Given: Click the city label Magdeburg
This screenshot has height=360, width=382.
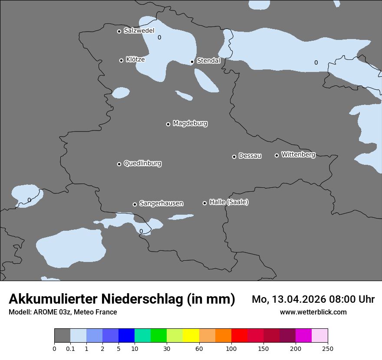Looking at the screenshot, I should pyautogui.click(x=190, y=124).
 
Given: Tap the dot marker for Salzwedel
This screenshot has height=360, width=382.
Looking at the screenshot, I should pyautogui.click(x=119, y=31).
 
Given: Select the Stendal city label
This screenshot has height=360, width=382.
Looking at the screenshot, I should pyautogui.click(x=208, y=61).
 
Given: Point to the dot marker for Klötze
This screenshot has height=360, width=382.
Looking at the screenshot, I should pyautogui.click(x=121, y=60).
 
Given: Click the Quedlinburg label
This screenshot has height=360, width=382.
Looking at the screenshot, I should pyautogui.click(x=142, y=164).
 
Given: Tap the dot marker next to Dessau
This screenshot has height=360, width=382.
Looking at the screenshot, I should pyautogui.click(x=234, y=157).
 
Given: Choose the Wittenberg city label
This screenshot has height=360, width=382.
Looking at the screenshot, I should pyautogui.click(x=298, y=154).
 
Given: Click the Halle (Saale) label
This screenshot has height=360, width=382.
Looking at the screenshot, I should pyautogui.click(x=229, y=202).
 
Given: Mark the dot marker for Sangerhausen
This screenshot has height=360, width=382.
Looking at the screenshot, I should pyautogui.click(x=135, y=204).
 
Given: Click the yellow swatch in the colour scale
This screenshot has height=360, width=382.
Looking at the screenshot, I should pyautogui.click(x=191, y=336).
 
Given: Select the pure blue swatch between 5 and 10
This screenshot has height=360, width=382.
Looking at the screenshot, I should pyautogui.click(x=126, y=336).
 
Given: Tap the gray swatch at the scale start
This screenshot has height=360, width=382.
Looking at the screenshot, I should pyautogui.click(x=62, y=336).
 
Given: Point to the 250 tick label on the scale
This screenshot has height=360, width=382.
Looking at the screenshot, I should pyautogui.click(x=328, y=348).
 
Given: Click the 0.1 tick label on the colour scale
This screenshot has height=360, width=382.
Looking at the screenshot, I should pyautogui.click(x=70, y=348).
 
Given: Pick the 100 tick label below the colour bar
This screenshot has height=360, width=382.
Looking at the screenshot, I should pyautogui.click(x=231, y=348).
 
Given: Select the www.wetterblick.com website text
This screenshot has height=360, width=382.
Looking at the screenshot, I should pyautogui.click(x=313, y=312).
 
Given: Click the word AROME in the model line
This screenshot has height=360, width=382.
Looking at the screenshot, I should pyautogui.click(x=43, y=312).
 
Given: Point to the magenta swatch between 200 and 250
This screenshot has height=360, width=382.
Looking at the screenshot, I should pyautogui.click(x=303, y=336).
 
